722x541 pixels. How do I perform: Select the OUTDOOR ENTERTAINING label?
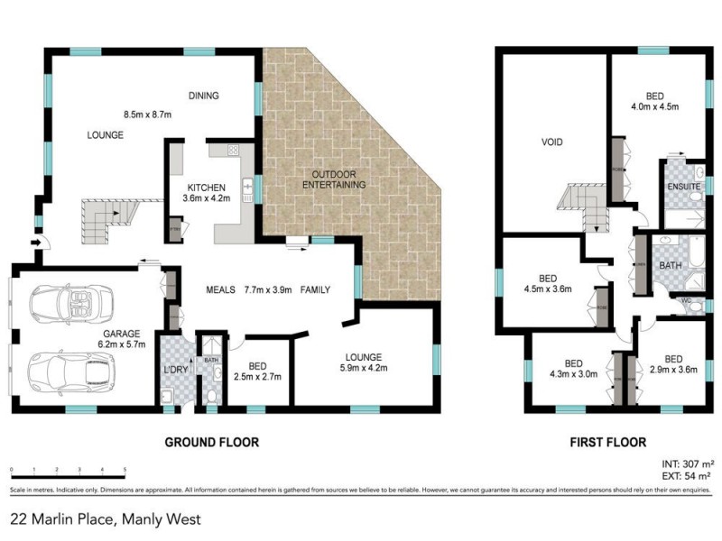tap(338, 179)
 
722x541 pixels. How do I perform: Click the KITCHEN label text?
tap(206, 187)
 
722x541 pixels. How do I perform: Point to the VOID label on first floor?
tap(552, 142)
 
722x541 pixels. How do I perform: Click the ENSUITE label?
tap(683, 187)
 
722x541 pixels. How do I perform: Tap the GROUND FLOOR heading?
tap(211, 443)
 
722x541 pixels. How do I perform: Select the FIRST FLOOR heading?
tap(607, 443)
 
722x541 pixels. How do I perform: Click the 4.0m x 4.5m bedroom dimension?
tap(655, 106)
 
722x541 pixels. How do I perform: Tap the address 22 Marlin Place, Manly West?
tap(106, 519)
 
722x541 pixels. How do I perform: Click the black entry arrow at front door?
tap(36, 243)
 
